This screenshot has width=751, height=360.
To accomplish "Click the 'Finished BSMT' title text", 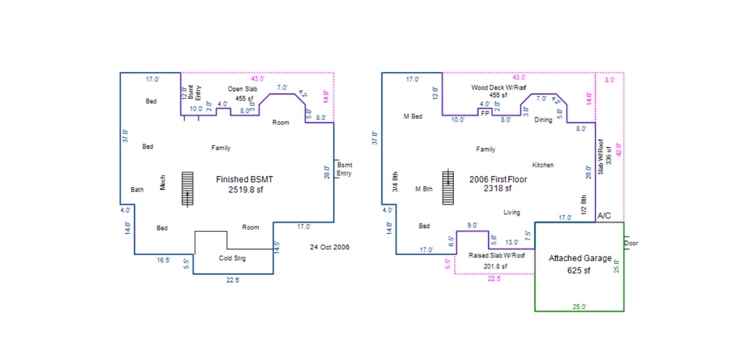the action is point(244,180).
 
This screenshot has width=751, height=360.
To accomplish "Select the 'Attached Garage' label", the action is point(580,259).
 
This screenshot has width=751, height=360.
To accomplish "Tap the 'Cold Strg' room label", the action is point(232,259).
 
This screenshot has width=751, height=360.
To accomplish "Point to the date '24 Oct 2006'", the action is point(329,248).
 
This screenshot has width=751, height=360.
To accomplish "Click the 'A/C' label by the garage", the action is point(604,216).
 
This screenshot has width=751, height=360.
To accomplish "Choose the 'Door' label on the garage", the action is point(631,243).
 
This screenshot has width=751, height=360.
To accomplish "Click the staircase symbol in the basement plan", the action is point(188,188).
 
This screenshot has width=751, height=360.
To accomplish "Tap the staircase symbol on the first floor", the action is point(448,187).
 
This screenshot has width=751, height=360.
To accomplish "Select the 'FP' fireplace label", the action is point(486,114).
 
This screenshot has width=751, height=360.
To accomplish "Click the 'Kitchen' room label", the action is point(543,165).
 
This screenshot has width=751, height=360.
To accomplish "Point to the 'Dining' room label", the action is point(543,121).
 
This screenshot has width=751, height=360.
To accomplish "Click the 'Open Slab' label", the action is point(242,89).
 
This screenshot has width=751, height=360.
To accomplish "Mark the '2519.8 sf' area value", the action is point(246,189).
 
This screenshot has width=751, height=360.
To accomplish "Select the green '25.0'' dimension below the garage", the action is point(579,307).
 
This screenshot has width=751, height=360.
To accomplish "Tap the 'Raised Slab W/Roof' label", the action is point(497,255).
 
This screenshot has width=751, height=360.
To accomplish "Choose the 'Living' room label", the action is point(512,213).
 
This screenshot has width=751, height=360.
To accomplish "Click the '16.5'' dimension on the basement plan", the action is point(164,260).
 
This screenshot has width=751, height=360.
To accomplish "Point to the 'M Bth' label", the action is point(424,189).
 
